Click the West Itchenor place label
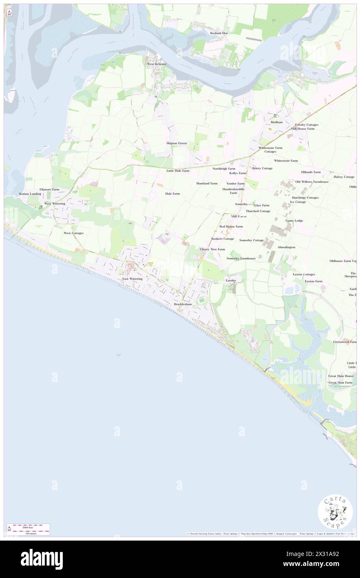(x=156, y=64)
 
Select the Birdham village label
(x=276, y=122)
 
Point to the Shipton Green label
(x=177, y=143)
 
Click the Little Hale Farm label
(x=178, y=170)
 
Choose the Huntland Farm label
(x=207, y=183)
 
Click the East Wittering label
(x=133, y=279)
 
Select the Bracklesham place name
(x=183, y=304)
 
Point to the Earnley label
(x=231, y=281)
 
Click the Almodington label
(x=286, y=247)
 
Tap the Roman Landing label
(x=30, y=194)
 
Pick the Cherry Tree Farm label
(x=212, y=249)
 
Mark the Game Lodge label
(x=294, y=220)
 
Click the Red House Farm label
(x=231, y=226)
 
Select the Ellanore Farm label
(x=49, y=189)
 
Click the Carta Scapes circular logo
(x=335, y=513)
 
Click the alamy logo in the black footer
(x=42, y=559)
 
